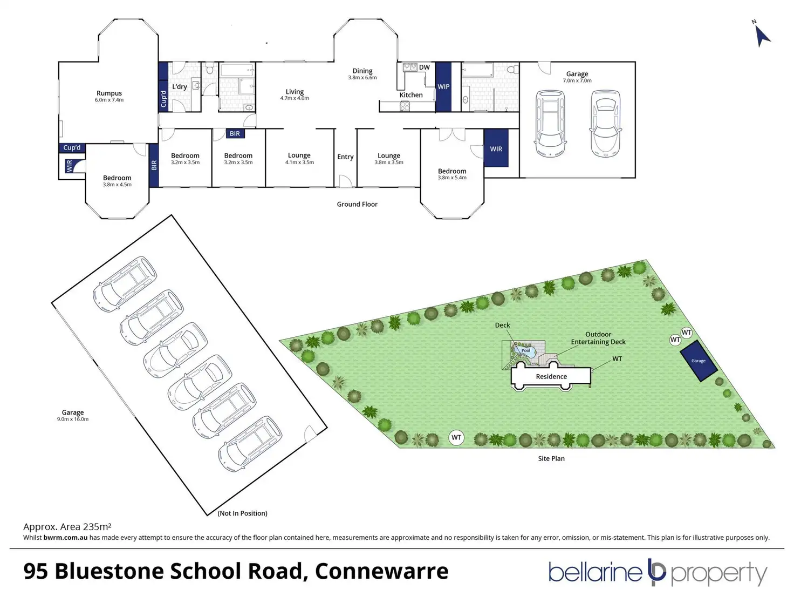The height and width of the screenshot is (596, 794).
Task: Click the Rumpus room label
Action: pos(109,93)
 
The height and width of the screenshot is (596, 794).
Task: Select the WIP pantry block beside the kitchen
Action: pos(443,87)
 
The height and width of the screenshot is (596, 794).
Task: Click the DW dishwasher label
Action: pos(425,67)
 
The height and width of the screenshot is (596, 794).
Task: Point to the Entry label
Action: pos(345,157)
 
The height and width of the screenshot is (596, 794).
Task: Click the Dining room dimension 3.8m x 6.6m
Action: pos(362,78)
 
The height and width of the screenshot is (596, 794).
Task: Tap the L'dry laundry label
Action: pos(180,87)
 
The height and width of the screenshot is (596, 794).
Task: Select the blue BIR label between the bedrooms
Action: pos(235,134)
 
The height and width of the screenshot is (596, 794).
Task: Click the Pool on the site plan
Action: pos(525,351)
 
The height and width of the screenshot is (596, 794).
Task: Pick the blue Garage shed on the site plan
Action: pos(699,361)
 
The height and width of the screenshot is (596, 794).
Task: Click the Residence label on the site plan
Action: pos(551,377)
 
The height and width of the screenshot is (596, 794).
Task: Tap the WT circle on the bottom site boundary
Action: pos(456,437)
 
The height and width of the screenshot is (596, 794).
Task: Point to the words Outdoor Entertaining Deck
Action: pos(598,338)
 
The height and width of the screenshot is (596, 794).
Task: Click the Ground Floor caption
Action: pos(357,204)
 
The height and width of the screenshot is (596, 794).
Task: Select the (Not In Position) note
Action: pos(242,513)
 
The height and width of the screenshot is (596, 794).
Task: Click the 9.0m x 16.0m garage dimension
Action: pos(73,419)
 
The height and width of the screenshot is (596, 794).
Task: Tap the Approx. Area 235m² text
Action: pos(67,527)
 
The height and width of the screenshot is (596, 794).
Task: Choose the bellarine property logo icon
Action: pos(656,573)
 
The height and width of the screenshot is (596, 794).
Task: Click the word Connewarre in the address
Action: pos(381,571)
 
